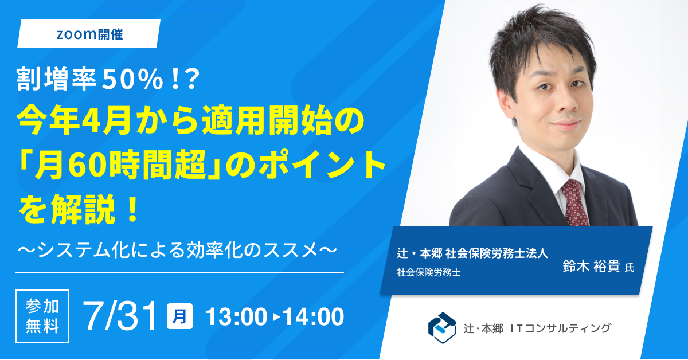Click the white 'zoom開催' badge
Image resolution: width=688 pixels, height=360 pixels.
(x=89, y=34)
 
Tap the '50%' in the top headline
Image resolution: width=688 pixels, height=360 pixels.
(x=132, y=80)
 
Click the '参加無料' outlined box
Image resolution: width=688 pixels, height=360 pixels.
(x=42, y=316)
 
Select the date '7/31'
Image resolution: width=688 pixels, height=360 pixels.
(x=120, y=316)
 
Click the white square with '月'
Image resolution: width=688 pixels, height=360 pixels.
(x=179, y=316)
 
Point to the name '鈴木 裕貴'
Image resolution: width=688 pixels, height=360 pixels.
(x=591, y=267)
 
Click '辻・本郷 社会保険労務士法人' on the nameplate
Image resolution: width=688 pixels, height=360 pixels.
(x=472, y=253)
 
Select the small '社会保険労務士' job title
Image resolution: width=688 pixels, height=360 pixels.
(x=429, y=272)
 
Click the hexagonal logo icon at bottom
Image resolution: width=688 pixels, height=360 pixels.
(x=442, y=328)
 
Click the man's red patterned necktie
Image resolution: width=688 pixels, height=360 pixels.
(x=574, y=202)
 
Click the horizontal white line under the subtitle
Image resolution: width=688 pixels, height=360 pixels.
(x=179, y=272)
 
